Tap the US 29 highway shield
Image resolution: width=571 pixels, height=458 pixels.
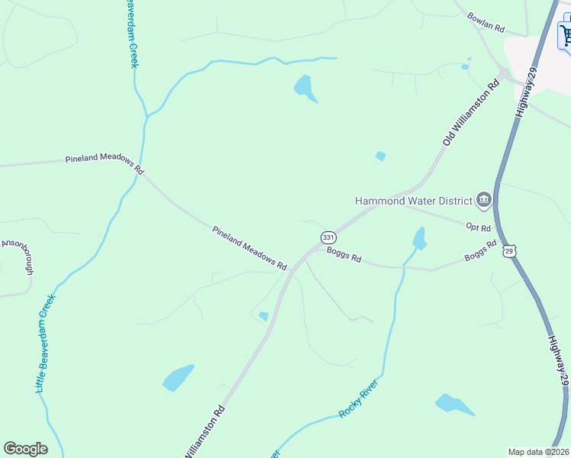click(511, 250)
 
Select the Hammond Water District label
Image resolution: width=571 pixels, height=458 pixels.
click(413, 201)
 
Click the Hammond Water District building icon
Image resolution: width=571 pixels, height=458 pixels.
click(482, 201)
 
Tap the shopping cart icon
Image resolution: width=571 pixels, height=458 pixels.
click(566, 34)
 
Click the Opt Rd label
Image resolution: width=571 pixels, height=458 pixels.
click(478, 226)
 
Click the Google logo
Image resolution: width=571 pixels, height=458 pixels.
click(25, 449)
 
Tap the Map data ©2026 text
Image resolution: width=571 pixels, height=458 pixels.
click(537, 451)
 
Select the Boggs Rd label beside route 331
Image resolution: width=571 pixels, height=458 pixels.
click(344, 254)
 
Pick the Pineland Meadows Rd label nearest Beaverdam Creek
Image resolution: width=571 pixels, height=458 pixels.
click(105, 163)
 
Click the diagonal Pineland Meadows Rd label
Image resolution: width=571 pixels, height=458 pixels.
click(249, 249)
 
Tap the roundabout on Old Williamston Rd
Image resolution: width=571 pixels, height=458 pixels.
click(504, 74)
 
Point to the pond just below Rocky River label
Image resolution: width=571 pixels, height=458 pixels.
click(453, 405)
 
